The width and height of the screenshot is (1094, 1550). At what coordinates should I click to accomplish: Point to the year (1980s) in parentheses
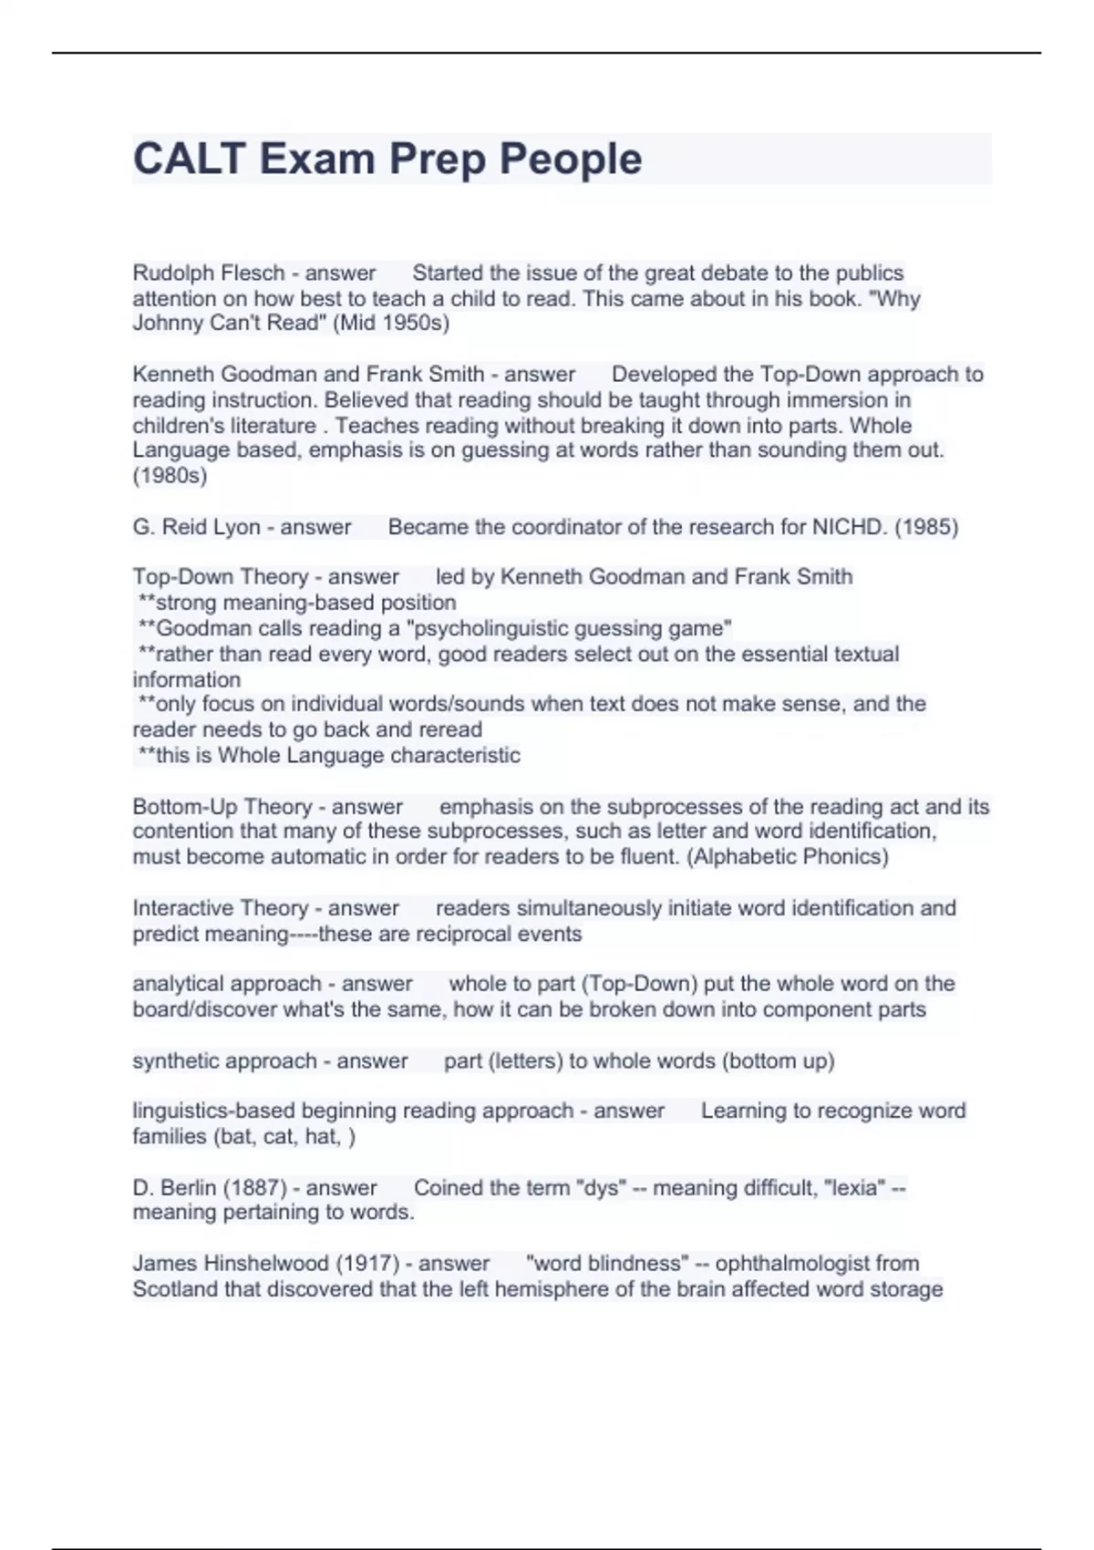[x=170, y=475]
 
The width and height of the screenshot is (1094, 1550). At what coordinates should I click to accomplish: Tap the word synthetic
[x=172, y=1061]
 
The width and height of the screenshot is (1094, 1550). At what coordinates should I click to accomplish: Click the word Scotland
[x=173, y=1289]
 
